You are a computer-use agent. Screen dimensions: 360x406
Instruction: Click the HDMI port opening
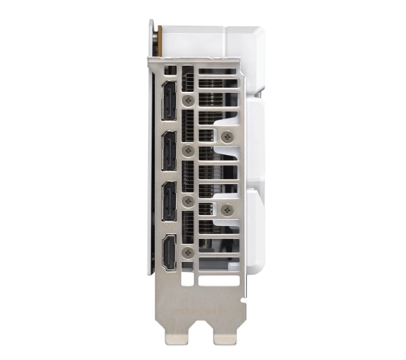tap(169, 251)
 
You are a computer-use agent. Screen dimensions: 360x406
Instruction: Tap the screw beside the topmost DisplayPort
tap(187, 98)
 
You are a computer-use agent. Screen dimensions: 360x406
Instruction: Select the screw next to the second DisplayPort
tap(187, 150)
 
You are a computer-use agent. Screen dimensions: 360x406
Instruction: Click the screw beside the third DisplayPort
tap(187, 200)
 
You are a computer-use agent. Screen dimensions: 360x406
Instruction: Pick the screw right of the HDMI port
tap(187, 251)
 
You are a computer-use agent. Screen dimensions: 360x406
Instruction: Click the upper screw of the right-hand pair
tap(227, 136)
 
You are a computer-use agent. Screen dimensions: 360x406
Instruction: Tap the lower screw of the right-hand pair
tap(227, 210)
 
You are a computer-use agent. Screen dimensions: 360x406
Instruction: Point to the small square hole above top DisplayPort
tap(169, 70)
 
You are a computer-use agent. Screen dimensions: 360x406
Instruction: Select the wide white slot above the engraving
tap(219, 279)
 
